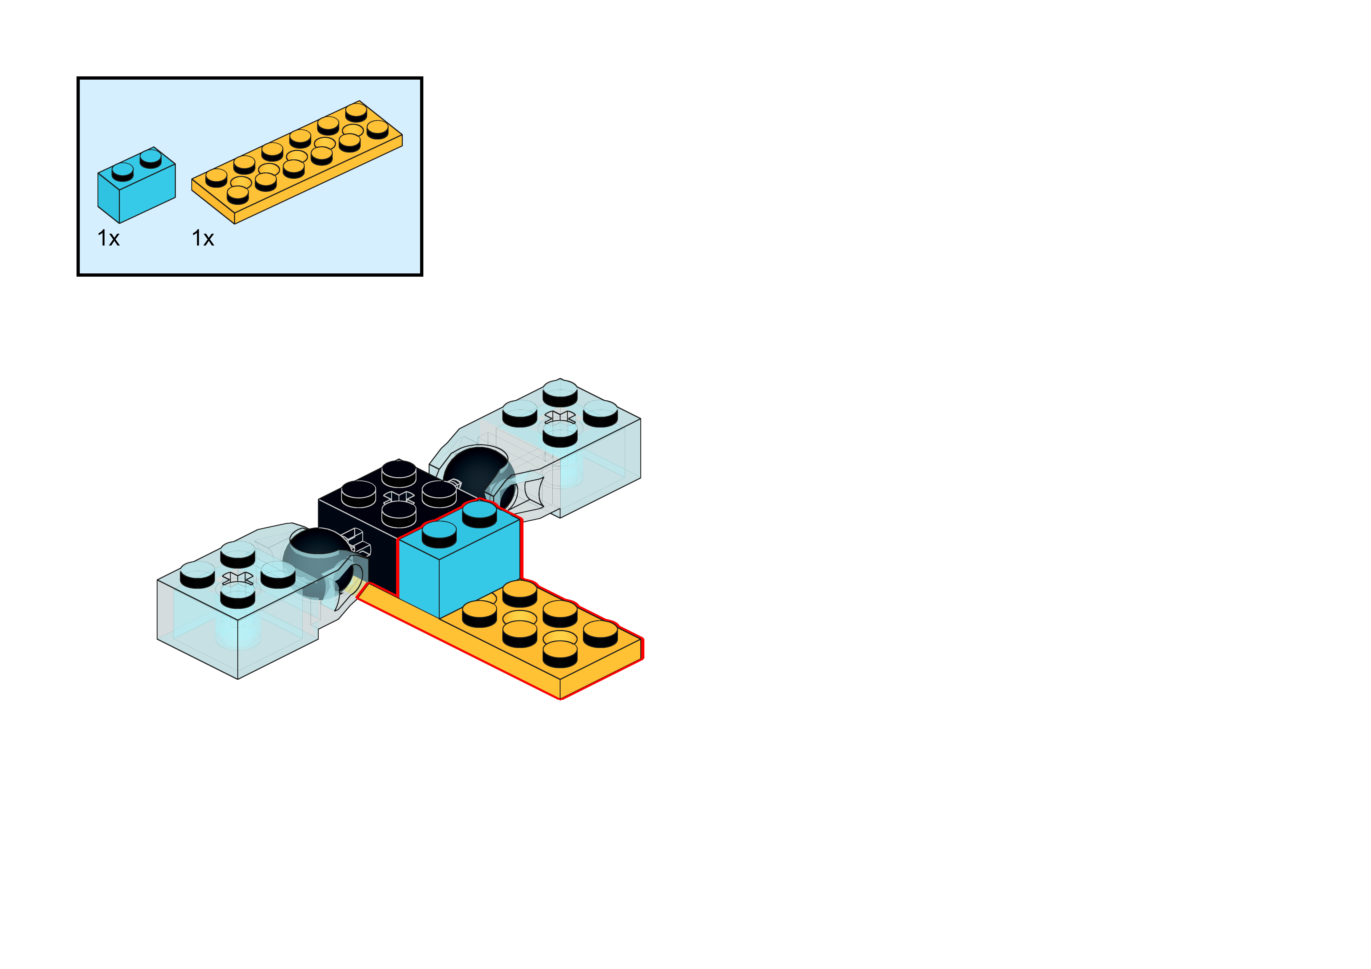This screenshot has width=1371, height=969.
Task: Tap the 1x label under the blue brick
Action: pos(108,238)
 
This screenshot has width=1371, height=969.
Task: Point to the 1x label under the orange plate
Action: pos(203,238)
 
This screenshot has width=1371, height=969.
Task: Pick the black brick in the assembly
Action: pos(358,538)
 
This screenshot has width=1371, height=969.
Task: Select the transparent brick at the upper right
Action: pos(591,454)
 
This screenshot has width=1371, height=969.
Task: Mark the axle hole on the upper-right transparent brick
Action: pos(560,416)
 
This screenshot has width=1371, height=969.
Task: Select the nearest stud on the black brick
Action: pos(398,514)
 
